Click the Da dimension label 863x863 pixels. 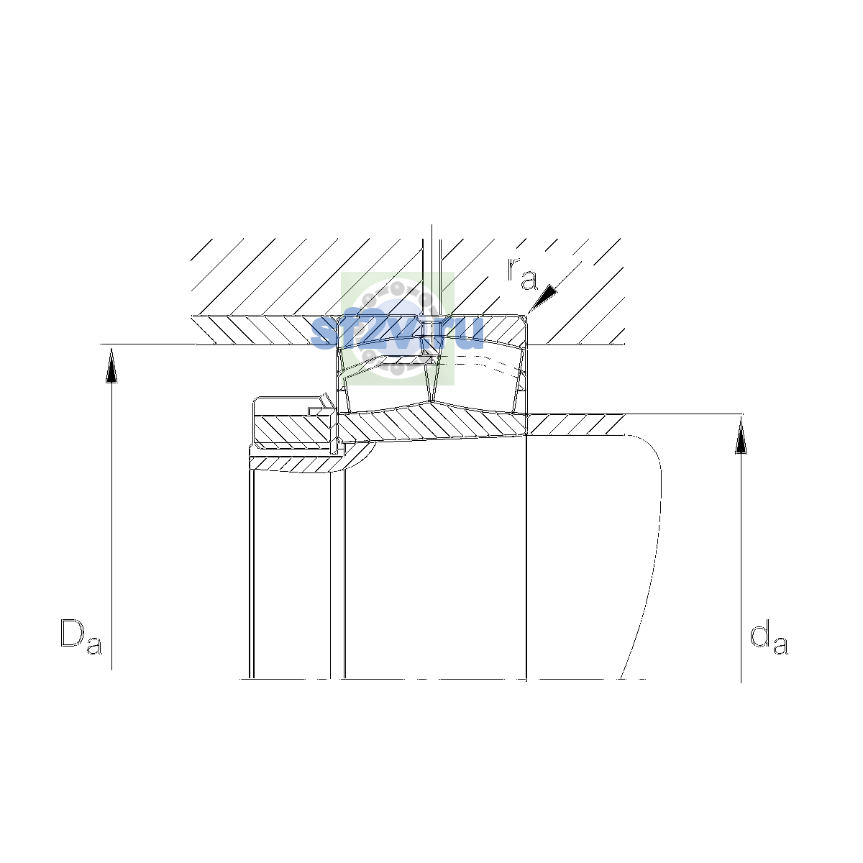[81, 637]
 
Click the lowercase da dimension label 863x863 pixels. [769, 637]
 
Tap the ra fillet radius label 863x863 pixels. [522, 273]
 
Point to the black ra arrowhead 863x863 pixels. [544, 297]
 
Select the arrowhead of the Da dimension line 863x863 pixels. [111, 365]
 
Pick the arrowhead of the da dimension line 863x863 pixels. [741, 435]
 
